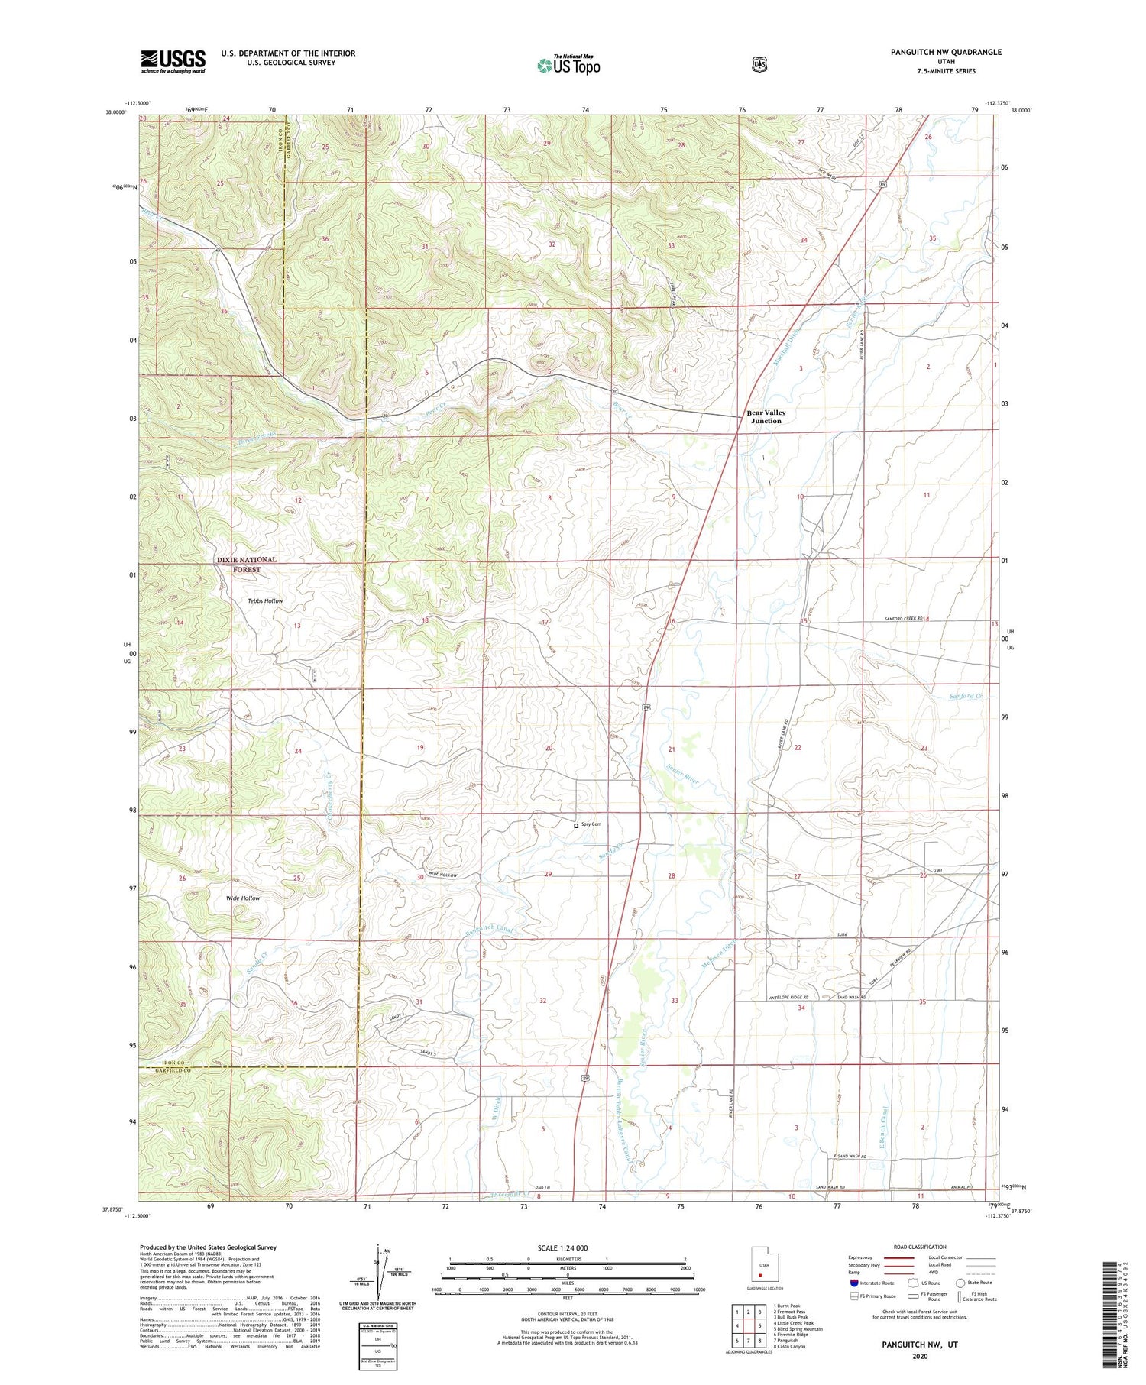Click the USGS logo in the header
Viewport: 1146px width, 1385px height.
coord(173,61)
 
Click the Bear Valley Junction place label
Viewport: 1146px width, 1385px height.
coord(766,416)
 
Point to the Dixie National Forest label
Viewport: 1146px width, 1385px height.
coord(246,565)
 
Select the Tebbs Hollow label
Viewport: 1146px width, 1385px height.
coord(265,600)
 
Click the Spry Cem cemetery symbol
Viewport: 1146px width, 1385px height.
coord(576,825)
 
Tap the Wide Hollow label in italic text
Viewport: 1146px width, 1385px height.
coord(243,898)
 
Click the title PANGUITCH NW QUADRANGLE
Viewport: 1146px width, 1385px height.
coord(946,52)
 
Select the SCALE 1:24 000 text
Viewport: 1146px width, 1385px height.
coord(568,1248)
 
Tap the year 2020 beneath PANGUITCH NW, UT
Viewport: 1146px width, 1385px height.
coord(919,1357)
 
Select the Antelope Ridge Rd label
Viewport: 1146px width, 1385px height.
coord(786,998)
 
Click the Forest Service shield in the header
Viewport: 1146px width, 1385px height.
coord(759,65)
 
